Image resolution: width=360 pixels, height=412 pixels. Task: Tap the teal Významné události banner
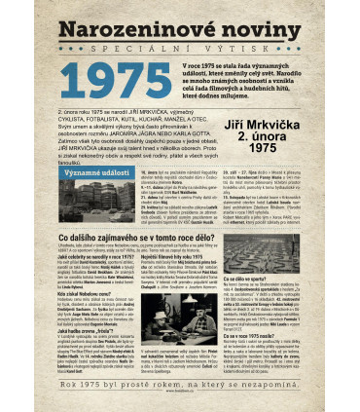pos(92,171)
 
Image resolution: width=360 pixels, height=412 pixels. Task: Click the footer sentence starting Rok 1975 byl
pos(179,390)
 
